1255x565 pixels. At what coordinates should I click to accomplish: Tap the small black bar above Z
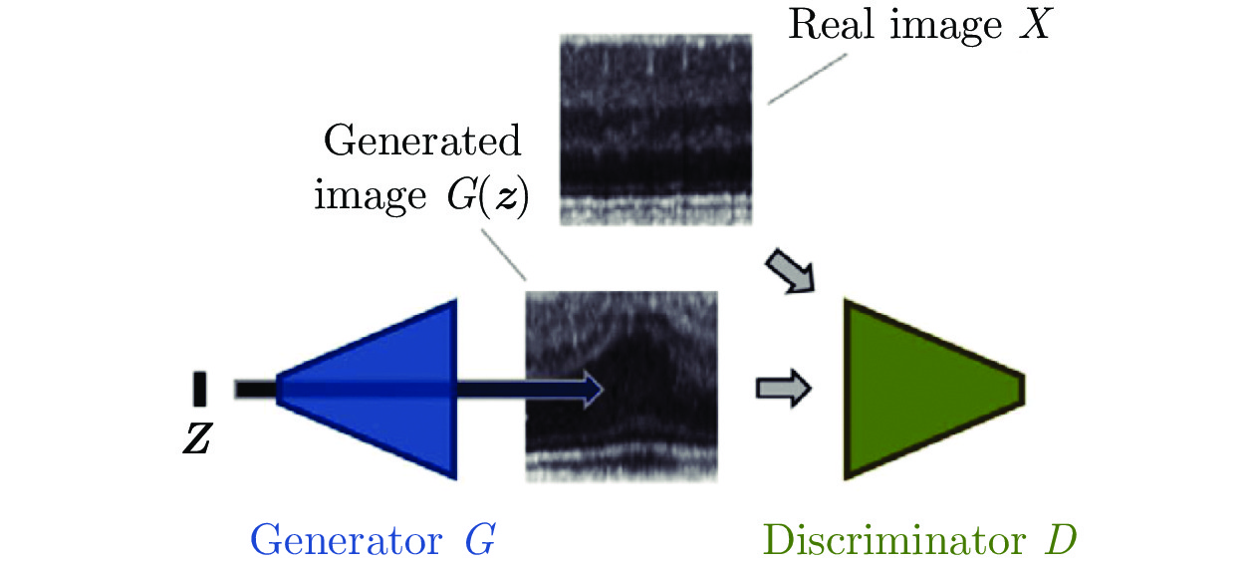(200, 389)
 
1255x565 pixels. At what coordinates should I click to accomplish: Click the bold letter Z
(197, 439)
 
